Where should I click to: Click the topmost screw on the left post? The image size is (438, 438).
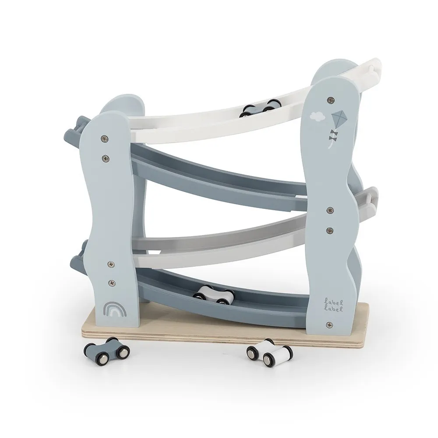pyautogui.click(x=105, y=138)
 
